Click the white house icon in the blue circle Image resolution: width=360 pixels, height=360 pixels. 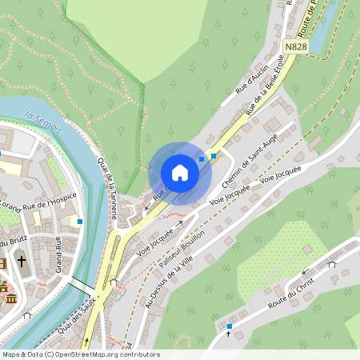180,173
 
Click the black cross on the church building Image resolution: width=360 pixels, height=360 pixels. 22,262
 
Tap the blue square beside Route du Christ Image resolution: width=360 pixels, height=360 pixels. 230,326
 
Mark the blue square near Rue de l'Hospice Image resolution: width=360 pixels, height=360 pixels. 80,220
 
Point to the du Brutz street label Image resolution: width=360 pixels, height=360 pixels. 13,242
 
